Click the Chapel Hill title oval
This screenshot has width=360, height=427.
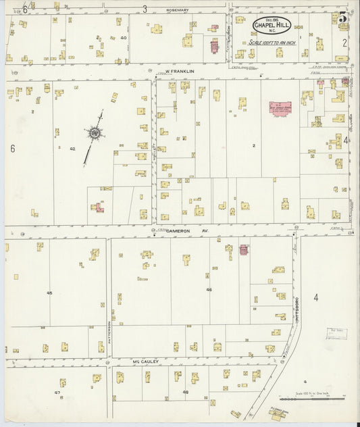pyautogui.click(x=273, y=26)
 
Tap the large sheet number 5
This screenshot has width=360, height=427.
pyautogui.click(x=343, y=18)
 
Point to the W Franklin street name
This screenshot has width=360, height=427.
pyautogui.click(x=180, y=71)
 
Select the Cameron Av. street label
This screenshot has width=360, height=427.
pyautogui.click(x=180, y=230)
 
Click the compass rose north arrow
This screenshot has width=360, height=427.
pyautogui.click(x=94, y=134)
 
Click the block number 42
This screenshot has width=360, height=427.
pyautogui.click(x=72, y=148)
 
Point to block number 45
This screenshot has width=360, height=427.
pyautogui.click(x=49, y=293)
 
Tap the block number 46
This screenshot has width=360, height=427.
pyautogui.click(x=209, y=289)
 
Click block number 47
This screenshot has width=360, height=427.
pyautogui.click(x=57, y=392)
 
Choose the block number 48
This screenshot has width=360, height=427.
pyautogui.click(x=185, y=392)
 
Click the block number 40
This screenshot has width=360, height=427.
pyautogui.click(x=123, y=38)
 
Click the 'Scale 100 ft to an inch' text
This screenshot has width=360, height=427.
pyautogui.click(x=272, y=42)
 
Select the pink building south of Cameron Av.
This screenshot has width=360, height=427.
pyautogui.click(x=244, y=249)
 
